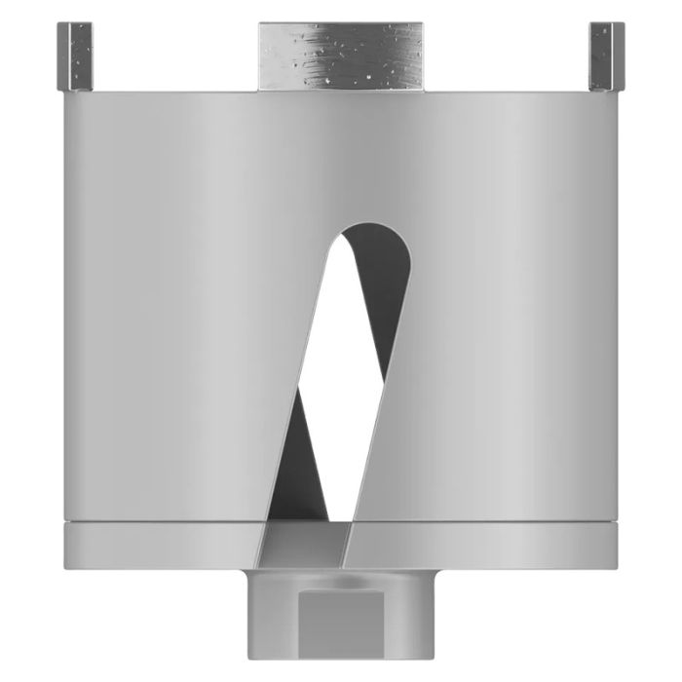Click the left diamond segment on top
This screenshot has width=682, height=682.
[x=76, y=57]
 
